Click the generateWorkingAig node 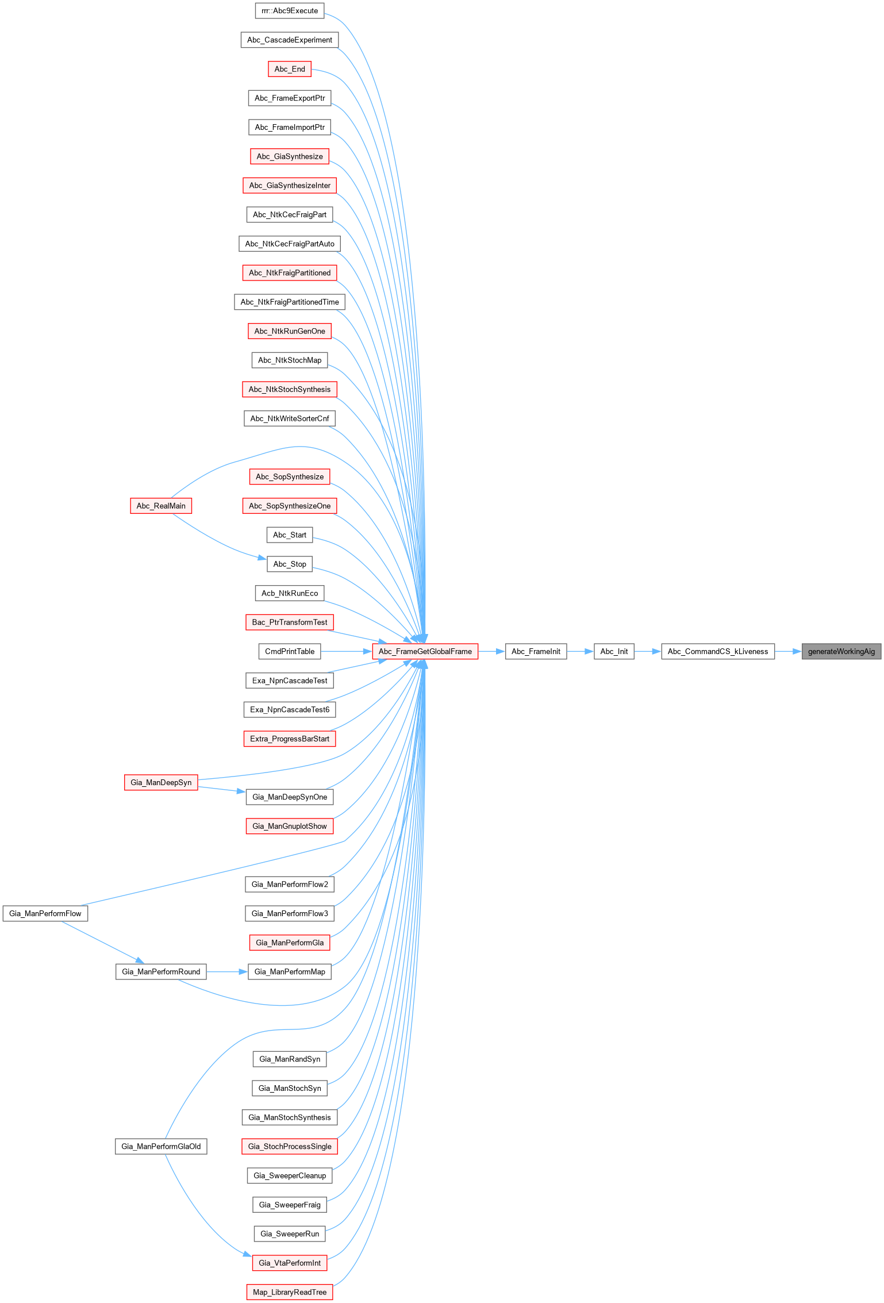pyautogui.click(x=841, y=651)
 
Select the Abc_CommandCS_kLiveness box pyautogui.click(x=717, y=651)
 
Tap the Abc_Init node pyautogui.click(x=614, y=651)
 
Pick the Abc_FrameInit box pyautogui.click(x=536, y=651)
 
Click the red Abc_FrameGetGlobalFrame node pyautogui.click(x=425, y=651)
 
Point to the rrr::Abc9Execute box pyautogui.click(x=290, y=10)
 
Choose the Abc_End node pyautogui.click(x=290, y=69)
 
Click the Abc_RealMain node pyautogui.click(x=161, y=506)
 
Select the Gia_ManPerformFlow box pyautogui.click(x=45, y=913)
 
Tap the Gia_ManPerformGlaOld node pyautogui.click(x=161, y=1146)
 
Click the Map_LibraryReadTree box pyautogui.click(x=290, y=1292)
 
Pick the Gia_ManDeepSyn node pyautogui.click(x=161, y=782)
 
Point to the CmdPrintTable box pyautogui.click(x=290, y=651)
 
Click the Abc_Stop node pyautogui.click(x=290, y=564)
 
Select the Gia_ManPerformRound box pyautogui.click(x=161, y=971)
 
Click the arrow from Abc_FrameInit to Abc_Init pyautogui.click(x=580, y=651)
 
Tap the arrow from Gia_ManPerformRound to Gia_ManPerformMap pyautogui.click(x=227, y=971)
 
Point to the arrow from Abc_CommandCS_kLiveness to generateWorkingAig pyautogui.click(x=788, y=651)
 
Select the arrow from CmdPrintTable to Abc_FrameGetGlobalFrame pyautogui.click(x=347, y=651)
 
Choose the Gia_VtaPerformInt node pyautogui.click(x=290, y=1263)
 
